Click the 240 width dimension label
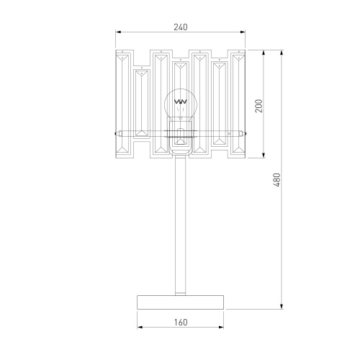181,27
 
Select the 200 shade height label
258,105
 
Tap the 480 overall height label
276,179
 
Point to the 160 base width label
181,322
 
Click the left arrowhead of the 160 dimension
139,328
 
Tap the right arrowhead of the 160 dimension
223,328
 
